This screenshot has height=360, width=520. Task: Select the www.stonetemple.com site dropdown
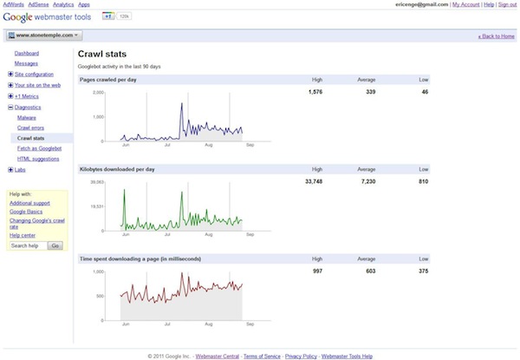tap(43, 36)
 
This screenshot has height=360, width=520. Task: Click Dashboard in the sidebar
tap(27, 54)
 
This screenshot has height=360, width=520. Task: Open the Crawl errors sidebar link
tap(31, 128)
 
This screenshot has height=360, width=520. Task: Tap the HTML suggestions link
tap(37, 159)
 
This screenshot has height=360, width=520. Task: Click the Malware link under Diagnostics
tap(26, 117)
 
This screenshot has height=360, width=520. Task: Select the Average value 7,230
tap(366, 182)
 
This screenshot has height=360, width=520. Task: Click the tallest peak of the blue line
tap(181, 104)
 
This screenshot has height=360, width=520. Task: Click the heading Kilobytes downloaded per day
tap(116, 169)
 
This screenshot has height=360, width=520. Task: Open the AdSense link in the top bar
tap(39, 4)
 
